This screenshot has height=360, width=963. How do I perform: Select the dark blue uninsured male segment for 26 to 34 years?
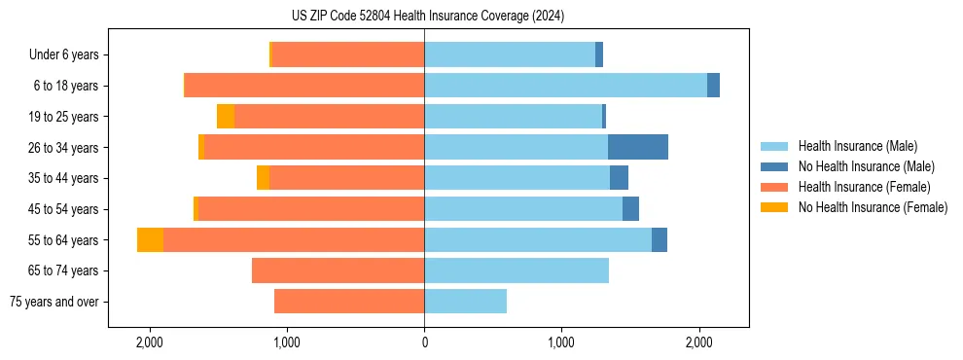pos(638,147)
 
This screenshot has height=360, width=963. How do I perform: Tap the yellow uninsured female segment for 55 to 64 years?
pos(150,239)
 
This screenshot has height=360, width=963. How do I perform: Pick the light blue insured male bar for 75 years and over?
pos(465,302)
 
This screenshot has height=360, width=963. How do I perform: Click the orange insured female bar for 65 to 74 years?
pos(338,270)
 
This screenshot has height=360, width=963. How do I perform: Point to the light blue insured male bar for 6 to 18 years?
pos(565,86)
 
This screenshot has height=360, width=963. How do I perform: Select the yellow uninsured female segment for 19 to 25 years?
pos(226,117)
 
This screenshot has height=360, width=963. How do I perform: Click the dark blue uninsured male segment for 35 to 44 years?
pos(619,178)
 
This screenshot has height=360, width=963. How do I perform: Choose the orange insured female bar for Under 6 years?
pos(347,54)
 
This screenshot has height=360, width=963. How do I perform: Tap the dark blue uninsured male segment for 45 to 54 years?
pos(630,209)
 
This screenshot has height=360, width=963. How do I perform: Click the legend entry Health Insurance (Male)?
pos(856,146)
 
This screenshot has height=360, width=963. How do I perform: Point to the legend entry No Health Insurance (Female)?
pos(873,207)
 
